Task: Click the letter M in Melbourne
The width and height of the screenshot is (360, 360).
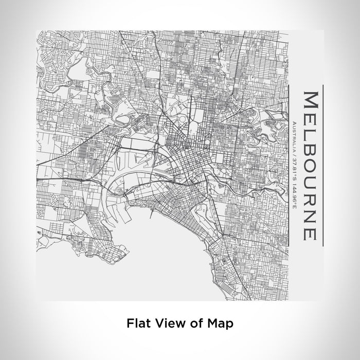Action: (x=310, y=100)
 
